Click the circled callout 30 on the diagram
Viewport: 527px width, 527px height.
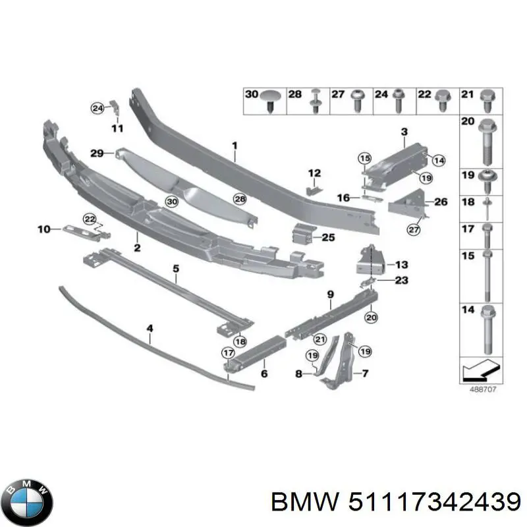[172, 202]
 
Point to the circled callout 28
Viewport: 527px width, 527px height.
[240, 199]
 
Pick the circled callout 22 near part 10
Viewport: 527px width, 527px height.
[89, 219]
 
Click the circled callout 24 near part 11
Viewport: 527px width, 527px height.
[97, 107]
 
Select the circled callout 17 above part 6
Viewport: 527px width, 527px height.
[227, 353]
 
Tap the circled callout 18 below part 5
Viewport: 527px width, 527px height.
[240, 341]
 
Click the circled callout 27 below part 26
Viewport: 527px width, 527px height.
[413, 230]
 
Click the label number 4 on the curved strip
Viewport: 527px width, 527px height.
[150, 327]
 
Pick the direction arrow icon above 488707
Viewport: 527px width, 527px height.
[478, 371]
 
